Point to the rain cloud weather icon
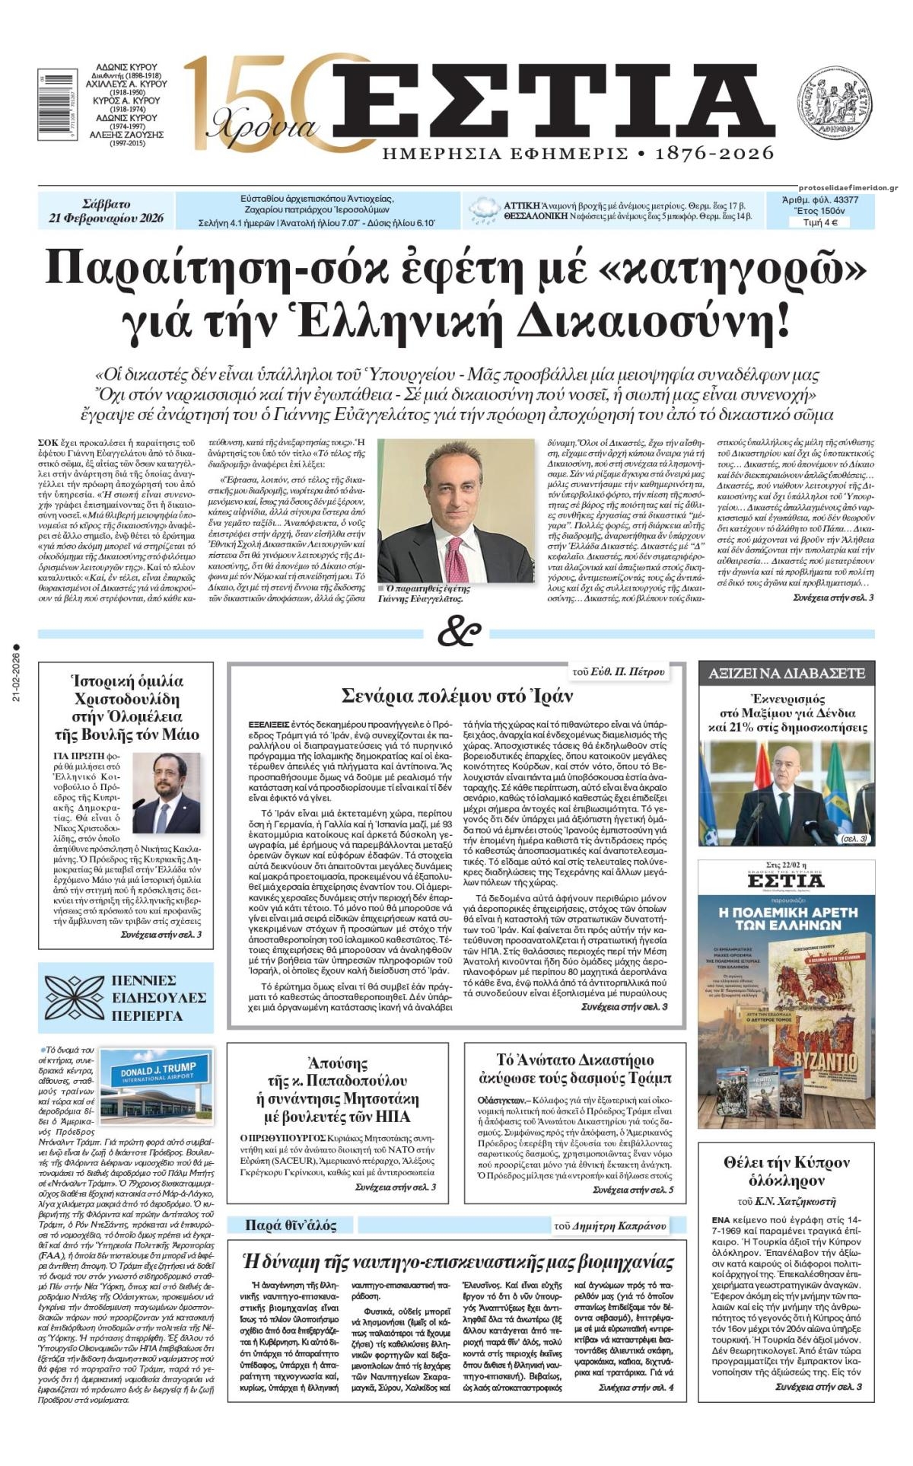pos(484,210)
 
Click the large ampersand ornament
pos(459,633)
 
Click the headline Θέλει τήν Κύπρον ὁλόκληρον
pos(785,1171)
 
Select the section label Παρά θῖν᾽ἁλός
pos(290,1225)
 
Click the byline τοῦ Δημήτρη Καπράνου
pos(609,1225)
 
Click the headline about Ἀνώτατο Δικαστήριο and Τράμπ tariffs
pos(574,1069)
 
